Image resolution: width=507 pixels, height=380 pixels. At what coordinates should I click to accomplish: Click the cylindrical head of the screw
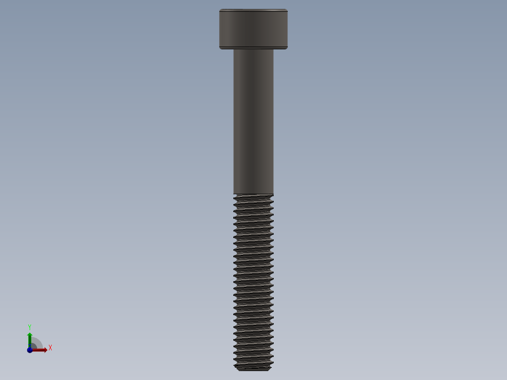tap(253, 28)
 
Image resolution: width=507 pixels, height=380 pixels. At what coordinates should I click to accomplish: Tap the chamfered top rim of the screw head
tap(253, 10)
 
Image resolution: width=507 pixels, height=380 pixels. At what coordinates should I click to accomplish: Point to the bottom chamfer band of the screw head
tap(253, 47)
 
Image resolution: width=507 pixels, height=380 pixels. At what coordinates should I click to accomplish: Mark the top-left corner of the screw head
tap(220, 10)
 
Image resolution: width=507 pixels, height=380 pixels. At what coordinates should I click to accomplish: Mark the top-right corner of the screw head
tap(287, 10)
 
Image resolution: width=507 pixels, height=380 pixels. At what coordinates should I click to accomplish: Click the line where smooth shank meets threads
tap(253, 194)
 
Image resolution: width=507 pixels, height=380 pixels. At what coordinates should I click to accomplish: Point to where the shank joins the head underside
tap(253, 49)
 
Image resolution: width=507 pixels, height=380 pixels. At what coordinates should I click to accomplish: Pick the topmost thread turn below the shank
tap(253, 198)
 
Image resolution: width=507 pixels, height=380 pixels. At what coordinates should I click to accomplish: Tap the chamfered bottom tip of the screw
tap(253, 369)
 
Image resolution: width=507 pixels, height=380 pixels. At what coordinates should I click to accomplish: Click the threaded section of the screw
tap(253, 282)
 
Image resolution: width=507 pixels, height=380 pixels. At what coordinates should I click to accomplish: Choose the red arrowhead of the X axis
tap(45, 350)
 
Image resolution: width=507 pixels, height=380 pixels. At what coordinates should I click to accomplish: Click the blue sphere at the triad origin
tap(30, 350)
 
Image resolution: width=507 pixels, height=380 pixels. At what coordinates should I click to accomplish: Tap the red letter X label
tap(50, 348)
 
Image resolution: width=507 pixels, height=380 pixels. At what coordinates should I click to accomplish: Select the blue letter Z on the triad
tap(29, 347)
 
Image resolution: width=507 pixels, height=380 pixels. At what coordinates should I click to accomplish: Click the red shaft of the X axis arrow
tap(38, 350)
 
